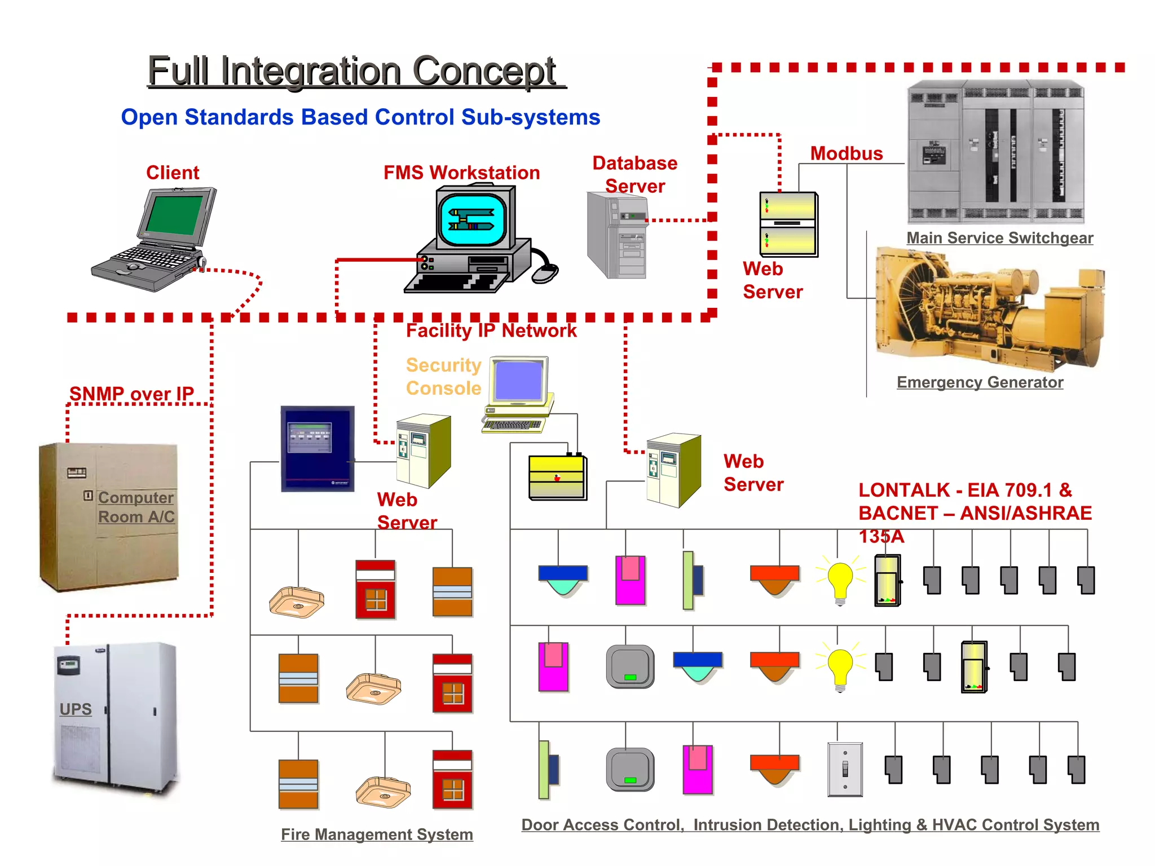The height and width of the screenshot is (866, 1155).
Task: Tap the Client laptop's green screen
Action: [174, 215]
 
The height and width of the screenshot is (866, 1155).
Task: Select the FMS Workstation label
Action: [461, 173]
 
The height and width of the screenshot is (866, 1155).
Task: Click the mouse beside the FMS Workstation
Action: [545, 273]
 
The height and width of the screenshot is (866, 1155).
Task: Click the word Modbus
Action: [846, 153]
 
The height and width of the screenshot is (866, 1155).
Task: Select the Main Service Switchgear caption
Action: [999, 238]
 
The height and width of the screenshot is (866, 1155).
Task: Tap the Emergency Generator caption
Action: [980, 382]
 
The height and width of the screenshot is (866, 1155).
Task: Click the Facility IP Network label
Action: [491, 330]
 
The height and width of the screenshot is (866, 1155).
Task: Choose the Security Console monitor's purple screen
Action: [518, 381]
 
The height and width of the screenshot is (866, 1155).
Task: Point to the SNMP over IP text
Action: [131, 394]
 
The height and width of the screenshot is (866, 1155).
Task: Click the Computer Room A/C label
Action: [136, 507]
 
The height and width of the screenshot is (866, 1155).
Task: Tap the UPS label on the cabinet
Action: [76, 709]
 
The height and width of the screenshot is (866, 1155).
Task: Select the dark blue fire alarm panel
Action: [318, 449]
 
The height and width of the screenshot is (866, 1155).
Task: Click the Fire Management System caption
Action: [377, 834]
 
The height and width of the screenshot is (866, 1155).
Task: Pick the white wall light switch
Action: [845, 769]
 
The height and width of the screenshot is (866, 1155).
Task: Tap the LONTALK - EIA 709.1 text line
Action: [965, 490]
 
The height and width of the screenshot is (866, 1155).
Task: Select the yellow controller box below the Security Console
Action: [557, 477]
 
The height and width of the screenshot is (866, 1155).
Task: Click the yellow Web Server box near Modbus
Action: [788, 224]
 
